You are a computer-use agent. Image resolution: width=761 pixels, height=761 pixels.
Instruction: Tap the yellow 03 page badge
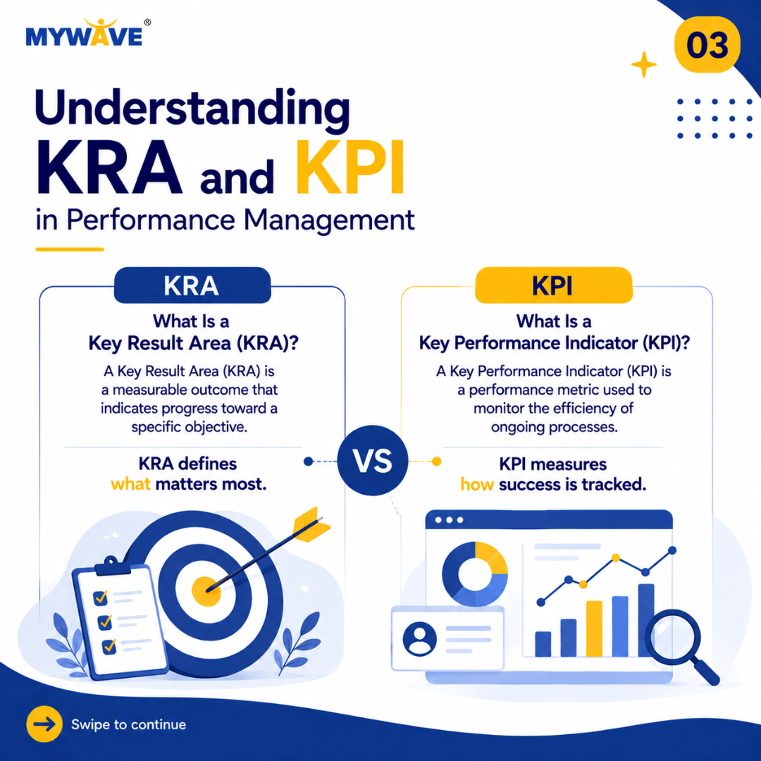click(x=707, y=44)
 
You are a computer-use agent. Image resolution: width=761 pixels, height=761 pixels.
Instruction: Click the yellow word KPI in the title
click(x=350, y=168)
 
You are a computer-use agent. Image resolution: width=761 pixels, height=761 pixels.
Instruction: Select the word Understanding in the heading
click(x=192, y=109)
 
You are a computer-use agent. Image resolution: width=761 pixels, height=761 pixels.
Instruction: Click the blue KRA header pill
click(x=192, y=285)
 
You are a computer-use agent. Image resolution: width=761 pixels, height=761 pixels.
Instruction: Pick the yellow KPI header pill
click(x=553, y=285)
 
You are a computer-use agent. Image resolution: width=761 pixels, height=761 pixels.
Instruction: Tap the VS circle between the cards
click(x=373, y=460)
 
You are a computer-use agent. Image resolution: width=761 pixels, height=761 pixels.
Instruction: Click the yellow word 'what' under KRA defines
click(x=130, y=484)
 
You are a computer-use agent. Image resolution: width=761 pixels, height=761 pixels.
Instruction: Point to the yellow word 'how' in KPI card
click(x=477, y=484)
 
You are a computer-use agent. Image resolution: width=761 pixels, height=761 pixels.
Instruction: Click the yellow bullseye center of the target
click(x=206, y=591)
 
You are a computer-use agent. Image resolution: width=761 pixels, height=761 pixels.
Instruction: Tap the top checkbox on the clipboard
click(x=101, y=598)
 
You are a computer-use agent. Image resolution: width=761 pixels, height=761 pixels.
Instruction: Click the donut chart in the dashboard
click(x=475, y=574)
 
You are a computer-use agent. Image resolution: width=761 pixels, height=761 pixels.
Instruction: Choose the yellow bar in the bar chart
click(x=594, y=629)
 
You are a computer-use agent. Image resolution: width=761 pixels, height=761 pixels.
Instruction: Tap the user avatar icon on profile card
click(x=419, y=639)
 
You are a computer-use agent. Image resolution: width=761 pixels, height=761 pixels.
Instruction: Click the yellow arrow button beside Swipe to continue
click(x=44, y=724)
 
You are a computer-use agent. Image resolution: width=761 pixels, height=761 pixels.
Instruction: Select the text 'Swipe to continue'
click(x=129, y=724)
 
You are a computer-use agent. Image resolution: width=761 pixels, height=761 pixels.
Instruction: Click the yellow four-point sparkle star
click(x=643, y=65)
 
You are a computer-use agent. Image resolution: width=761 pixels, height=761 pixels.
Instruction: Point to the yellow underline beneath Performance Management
click(x=70, y=249)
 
